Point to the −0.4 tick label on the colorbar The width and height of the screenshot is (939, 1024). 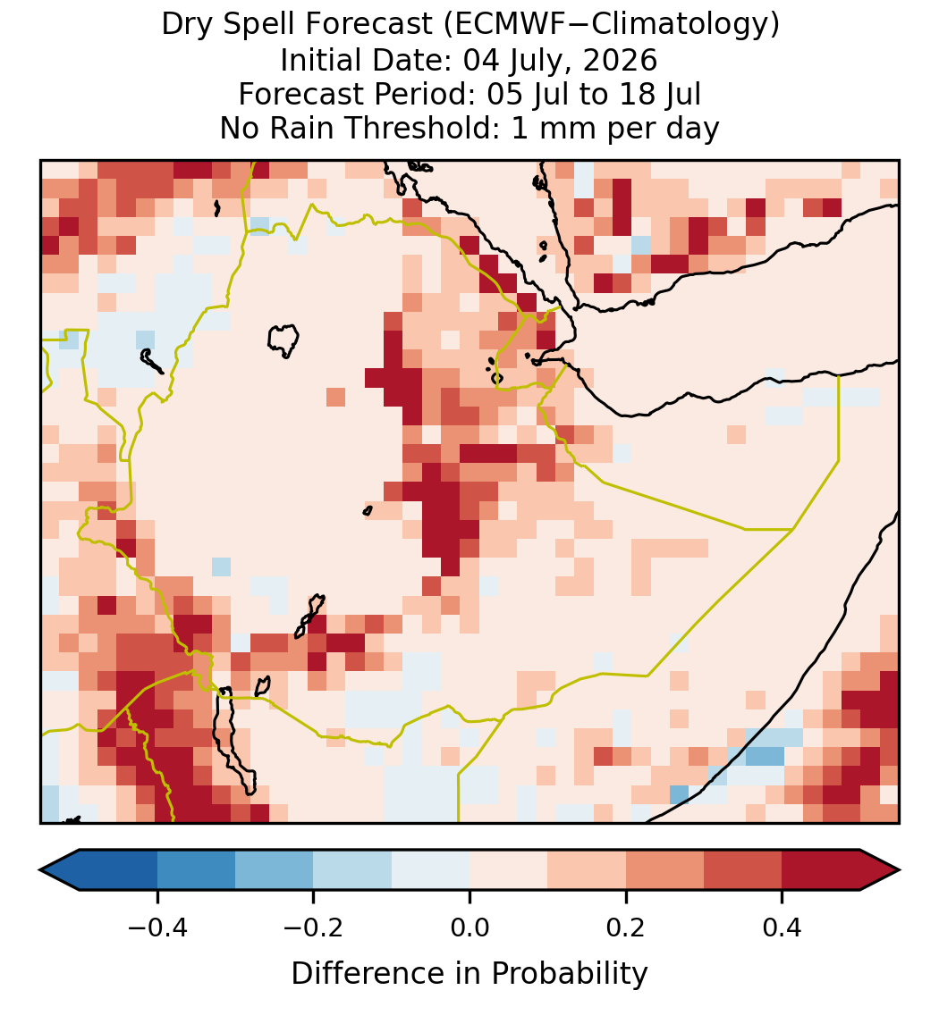coord(157,926)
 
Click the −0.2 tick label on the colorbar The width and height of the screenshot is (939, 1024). coord(313,926)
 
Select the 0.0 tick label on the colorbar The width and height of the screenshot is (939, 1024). coord(469,926)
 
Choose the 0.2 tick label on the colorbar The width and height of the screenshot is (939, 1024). coord(626,926)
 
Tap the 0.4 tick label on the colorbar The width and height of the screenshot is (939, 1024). coord(782,926)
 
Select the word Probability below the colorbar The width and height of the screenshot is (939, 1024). coord(570,974)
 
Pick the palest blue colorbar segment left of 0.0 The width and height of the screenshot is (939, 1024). coord(431,870)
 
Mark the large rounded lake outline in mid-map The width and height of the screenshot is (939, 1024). coord(283,327)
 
